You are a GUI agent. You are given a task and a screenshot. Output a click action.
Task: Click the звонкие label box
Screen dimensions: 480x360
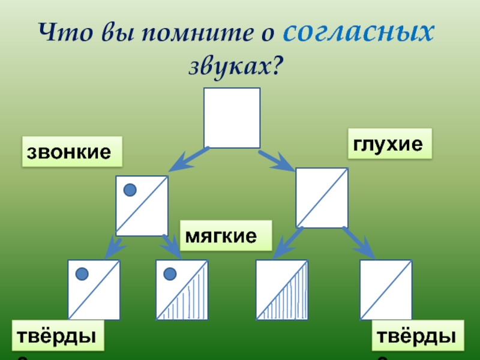click(71, 152)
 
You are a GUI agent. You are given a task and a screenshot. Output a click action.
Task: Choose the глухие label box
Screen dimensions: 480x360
click(391, 143)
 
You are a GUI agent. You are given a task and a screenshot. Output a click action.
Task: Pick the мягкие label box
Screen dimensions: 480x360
click(226, 235)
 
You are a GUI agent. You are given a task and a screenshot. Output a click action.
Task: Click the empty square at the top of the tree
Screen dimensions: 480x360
click(232, 118)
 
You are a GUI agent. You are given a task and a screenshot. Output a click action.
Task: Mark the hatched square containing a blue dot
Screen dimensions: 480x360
click(182, 290)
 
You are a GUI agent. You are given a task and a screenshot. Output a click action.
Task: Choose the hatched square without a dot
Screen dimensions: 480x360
click(282, 290)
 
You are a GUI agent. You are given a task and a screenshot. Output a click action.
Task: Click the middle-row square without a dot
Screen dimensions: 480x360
click(322, 197)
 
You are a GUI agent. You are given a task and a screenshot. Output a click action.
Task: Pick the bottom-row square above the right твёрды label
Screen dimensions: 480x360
click(386, 290)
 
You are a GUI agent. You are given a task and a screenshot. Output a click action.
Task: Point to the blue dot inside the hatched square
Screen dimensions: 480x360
click(170, 274)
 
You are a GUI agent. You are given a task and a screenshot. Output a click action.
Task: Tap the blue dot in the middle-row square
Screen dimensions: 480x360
click(130, 190)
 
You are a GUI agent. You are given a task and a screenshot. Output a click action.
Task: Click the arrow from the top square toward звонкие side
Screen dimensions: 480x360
click(188, 158)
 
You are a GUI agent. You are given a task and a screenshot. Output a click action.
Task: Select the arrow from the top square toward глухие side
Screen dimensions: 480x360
click(277, 160)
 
